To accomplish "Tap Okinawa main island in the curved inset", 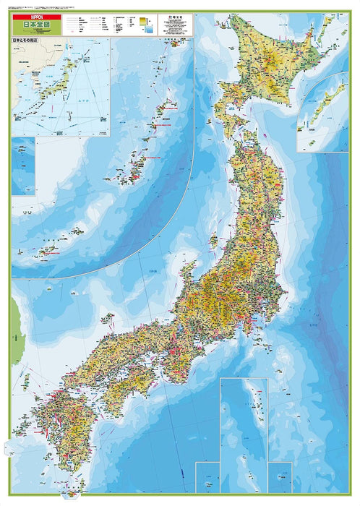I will (x=134, y=167).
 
